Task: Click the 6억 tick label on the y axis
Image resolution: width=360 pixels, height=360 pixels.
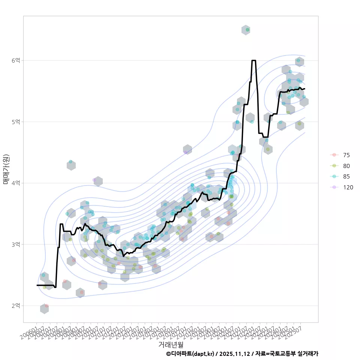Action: pos(16,60)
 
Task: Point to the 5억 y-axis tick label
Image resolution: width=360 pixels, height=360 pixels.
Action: pos(16,122)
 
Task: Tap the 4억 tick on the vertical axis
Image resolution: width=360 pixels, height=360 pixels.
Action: pos(16,183)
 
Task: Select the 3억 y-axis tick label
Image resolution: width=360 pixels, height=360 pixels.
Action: pos(16,244)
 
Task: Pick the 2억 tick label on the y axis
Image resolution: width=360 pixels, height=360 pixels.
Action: pos(16,306)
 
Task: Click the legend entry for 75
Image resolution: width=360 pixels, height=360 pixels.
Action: pos(346,155)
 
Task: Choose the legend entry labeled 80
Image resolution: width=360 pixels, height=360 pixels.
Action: pos(346,166)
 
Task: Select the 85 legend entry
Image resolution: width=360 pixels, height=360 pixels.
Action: pos(346,177)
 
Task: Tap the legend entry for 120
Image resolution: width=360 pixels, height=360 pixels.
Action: pos(348,187)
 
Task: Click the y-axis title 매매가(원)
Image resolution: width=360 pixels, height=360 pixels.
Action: pos(6,169)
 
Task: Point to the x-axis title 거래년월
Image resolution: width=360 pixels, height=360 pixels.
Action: pos(171,344)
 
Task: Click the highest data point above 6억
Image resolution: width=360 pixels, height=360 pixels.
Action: pos(247,30)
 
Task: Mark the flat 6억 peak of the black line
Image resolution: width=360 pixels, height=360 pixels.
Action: pos(254,60)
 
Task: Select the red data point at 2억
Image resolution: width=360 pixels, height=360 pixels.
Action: pos(46,306)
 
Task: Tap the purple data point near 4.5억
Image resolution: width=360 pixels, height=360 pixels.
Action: pos(186,152)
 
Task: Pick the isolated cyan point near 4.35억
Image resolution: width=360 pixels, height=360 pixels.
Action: pos(70,162)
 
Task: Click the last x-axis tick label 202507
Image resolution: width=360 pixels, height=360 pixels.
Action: pos(296,331)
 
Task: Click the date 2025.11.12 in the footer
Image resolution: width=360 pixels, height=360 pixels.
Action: pos(235,354)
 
